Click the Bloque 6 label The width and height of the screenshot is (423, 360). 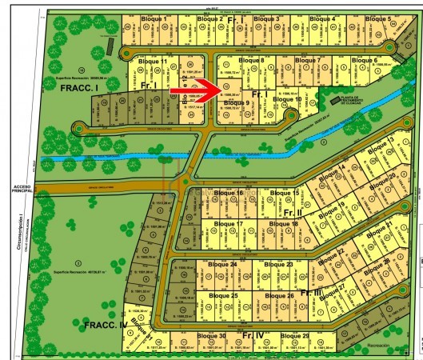pos(364,60)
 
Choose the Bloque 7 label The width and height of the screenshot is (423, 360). pos(307,60)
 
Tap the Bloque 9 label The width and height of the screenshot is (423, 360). pos(237,102)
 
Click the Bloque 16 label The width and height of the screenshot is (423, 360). pos(229,193)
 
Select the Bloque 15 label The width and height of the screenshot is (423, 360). pos(285,193)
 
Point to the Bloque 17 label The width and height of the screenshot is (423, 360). pos(229,223)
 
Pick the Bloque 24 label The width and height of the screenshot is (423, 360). pos(222,264)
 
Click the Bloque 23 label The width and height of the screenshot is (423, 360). pos(278,264)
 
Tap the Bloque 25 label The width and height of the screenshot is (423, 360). pos(223,296)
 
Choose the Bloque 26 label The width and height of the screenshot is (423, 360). pos(279,296)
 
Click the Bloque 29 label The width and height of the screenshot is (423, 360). pos(295,335)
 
